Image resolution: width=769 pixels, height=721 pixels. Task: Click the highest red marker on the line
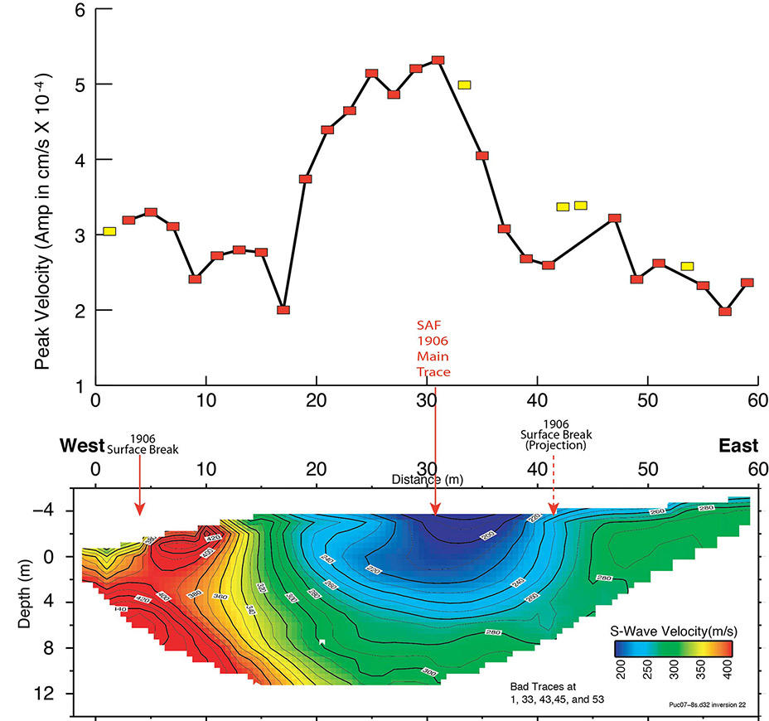[438, 60]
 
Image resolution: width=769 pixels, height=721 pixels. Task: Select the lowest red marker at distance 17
[283, 310]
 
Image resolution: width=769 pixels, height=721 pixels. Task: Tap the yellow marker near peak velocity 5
[464, 85]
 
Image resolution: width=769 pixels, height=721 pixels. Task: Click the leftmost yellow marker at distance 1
[109, 231]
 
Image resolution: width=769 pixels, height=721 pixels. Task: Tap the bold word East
[738, 446]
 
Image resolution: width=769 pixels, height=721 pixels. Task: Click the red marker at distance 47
[615, 219]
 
